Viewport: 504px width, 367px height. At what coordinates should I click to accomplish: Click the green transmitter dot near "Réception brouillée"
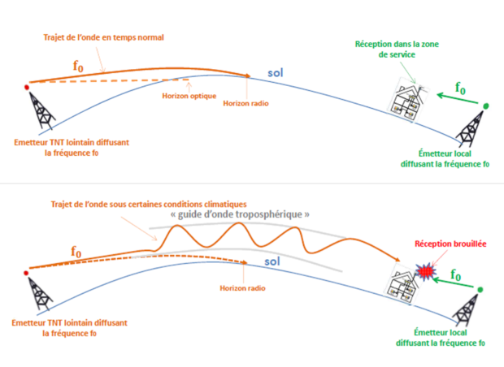click(x=481, y=290)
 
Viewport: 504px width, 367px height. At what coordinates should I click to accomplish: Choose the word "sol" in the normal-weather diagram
click(x=276, y=75)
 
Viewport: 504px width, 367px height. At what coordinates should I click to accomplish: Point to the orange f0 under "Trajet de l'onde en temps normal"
click(x=79, y=67)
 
